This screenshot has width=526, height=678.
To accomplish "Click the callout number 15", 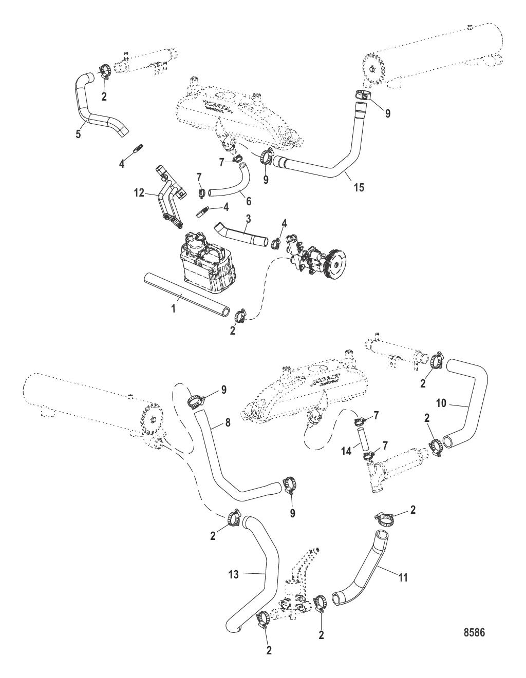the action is pos(359,187).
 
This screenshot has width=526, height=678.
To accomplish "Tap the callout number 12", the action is pos(139,193).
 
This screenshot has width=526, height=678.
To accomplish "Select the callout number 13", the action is pos(233,574).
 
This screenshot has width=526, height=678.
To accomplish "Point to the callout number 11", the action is pos(403,577).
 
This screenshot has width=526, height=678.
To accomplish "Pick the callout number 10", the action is pos(441,403).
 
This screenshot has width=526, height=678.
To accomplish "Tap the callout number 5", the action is pos(78,134).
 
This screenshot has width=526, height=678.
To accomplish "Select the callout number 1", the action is pos(174,308).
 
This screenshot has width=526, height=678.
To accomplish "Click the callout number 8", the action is pos(228,423).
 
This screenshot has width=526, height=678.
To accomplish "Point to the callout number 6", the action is pos(249,201).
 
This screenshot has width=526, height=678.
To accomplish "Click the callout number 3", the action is pos(248,219).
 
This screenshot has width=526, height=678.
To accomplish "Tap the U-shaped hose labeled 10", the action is pos(465,404).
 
